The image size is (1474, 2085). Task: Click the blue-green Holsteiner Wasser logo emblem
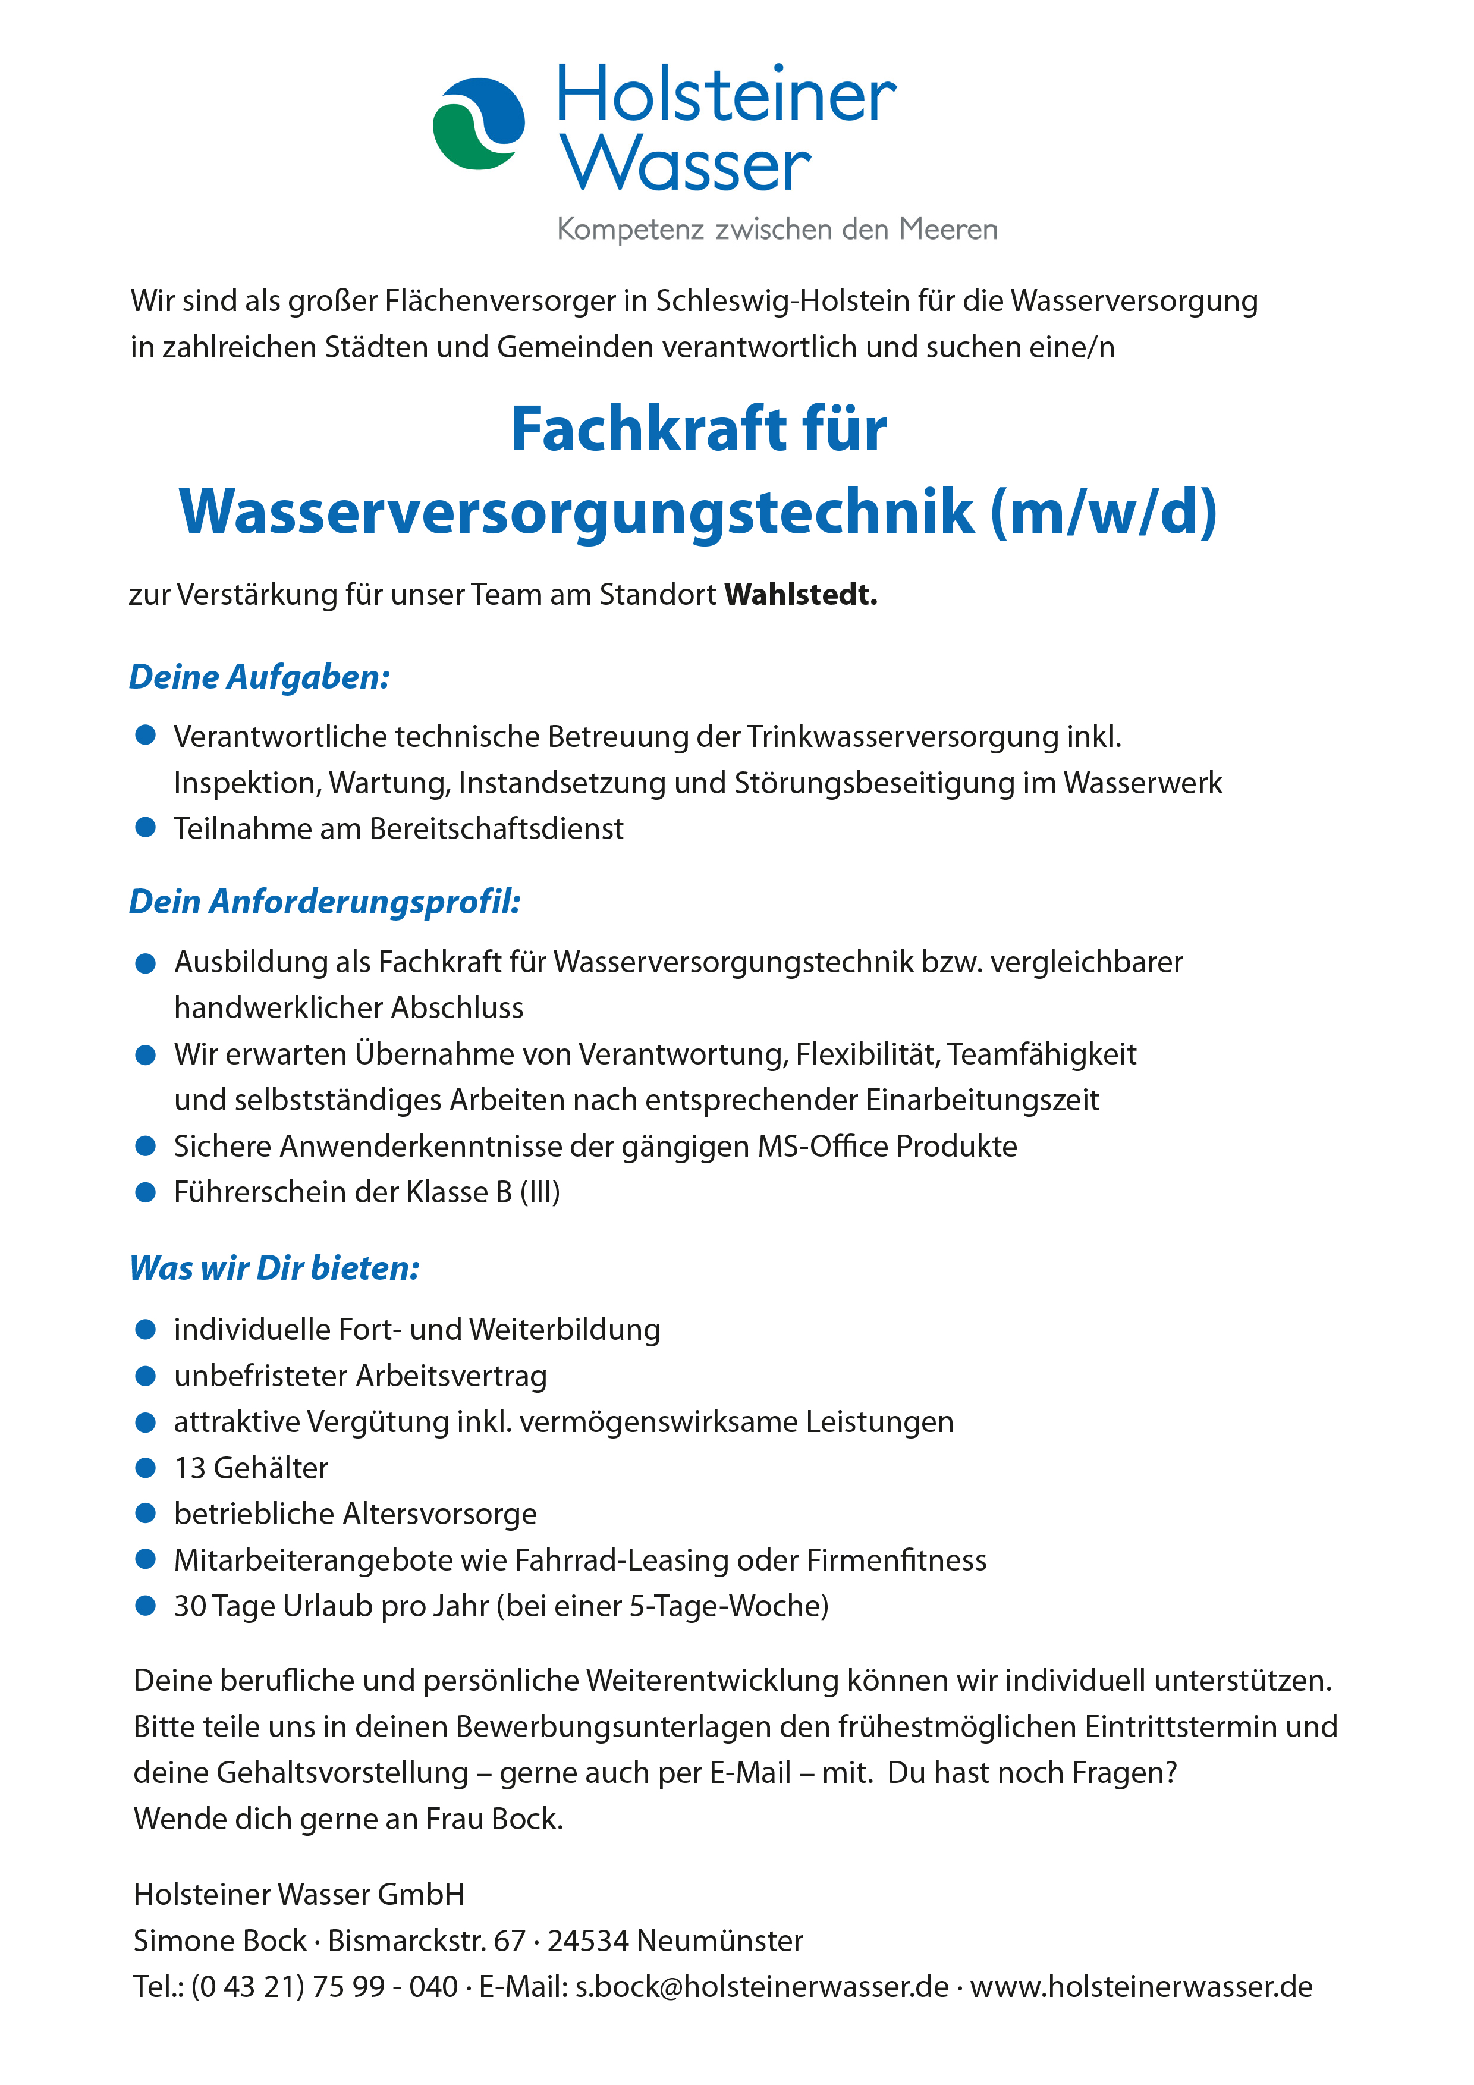[479, 124]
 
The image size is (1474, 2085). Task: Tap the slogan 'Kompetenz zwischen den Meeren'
[777, 229]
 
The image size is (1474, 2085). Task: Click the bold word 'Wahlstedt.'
[800, 595]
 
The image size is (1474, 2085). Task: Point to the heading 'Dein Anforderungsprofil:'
[324, 902]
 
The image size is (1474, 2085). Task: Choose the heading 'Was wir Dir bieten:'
[274, 1268]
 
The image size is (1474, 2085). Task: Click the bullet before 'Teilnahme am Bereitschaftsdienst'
[145, 828]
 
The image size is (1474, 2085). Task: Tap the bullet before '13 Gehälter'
[145, 1468]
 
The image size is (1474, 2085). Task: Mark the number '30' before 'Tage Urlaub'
[190, 1606]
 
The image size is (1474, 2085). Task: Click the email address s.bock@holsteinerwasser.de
[761, 1987]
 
